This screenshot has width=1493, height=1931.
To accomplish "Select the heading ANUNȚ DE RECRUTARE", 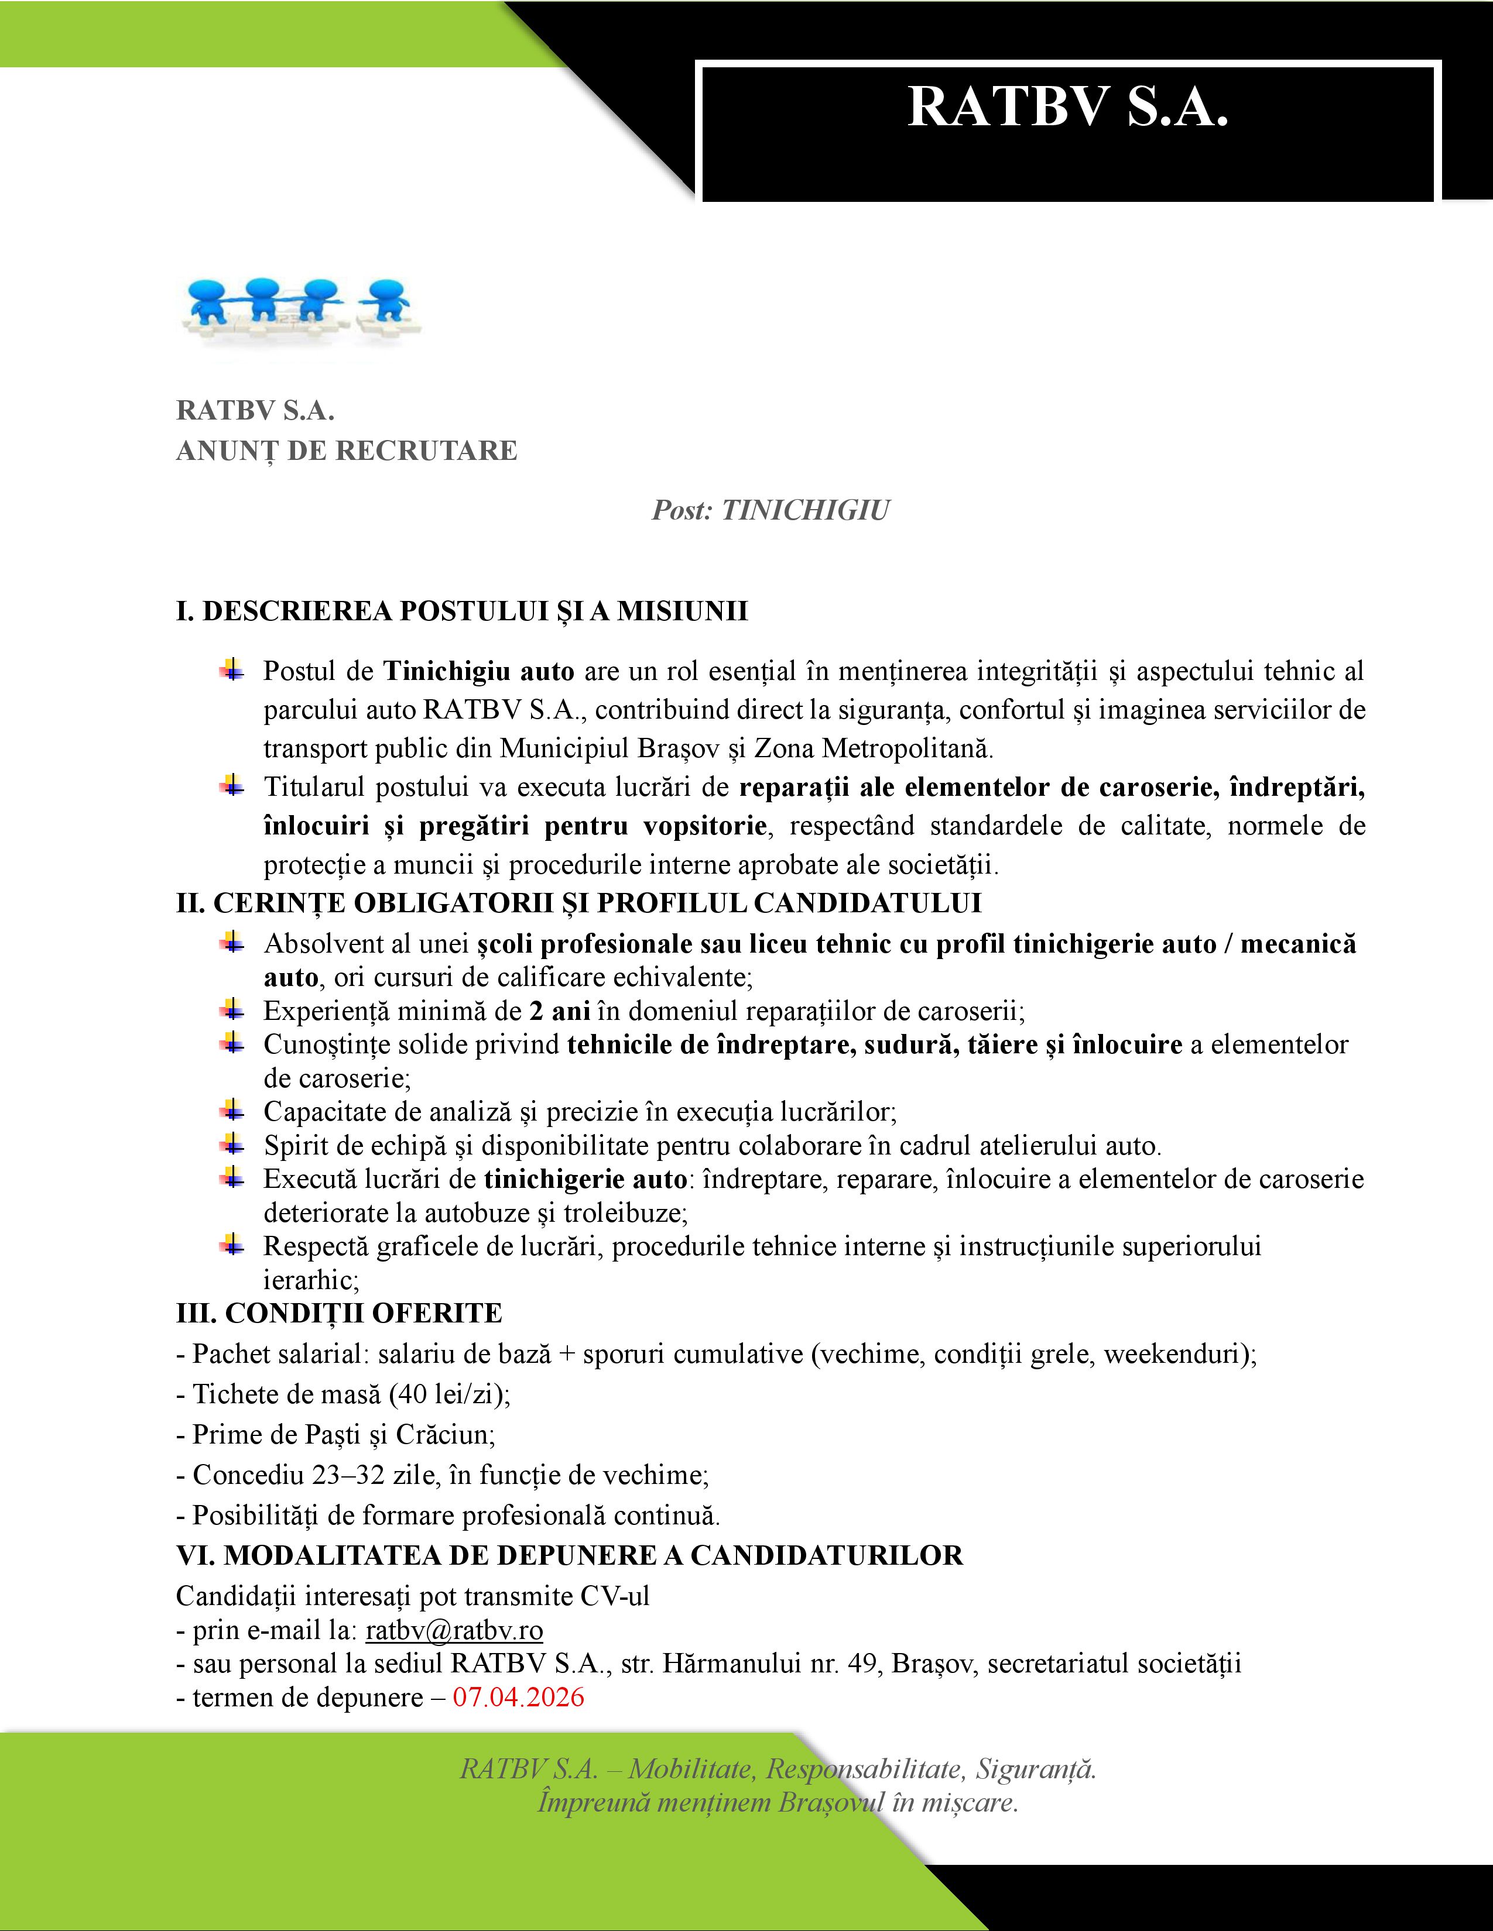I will (x=347, y=451).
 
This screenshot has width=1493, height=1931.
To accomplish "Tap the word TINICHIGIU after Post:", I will (x=805, y=511).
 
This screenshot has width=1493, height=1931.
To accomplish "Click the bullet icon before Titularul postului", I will (x=232, y=785).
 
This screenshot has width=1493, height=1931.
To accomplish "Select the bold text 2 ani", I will (x=560, y=1011).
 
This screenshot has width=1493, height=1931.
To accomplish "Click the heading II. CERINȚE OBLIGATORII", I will (x=578, y=903).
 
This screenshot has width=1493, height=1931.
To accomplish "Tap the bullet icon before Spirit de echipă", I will (x=232, y=1145).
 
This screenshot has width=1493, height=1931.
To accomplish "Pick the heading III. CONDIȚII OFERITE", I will (x=339, y=1313).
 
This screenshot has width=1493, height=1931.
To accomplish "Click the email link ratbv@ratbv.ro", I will (x=454, y=1630).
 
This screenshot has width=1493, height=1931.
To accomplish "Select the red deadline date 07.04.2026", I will (x=518, y=1698).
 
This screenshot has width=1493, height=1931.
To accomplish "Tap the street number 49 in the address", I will (x=861, y=1664).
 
